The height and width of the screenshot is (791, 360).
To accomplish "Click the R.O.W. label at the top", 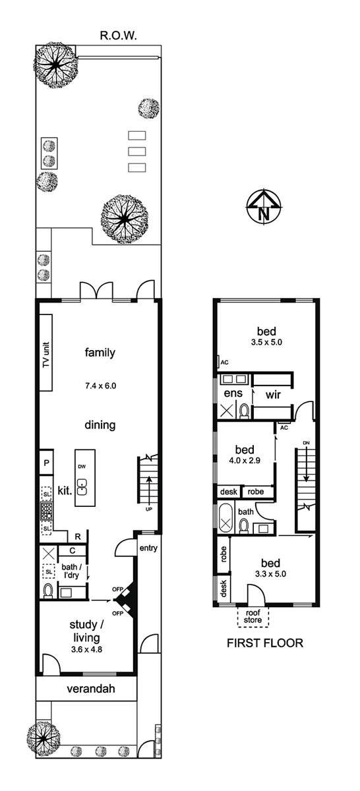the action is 118,36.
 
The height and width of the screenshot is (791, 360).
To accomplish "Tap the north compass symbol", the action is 264,207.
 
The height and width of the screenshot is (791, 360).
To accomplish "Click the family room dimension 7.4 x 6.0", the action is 100,386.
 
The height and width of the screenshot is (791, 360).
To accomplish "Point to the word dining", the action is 100,425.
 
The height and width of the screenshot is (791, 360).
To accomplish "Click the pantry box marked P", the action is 46,462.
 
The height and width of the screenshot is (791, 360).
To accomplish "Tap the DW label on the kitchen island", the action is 82,467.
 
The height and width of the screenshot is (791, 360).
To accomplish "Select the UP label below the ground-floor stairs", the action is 148,509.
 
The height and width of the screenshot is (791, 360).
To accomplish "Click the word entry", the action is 148,548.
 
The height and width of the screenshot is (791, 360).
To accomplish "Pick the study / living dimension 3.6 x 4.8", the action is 86,649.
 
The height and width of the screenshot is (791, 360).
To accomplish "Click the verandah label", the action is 91,688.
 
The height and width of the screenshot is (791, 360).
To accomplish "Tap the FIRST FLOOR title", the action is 265,643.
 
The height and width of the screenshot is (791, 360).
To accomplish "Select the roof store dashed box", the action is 253,617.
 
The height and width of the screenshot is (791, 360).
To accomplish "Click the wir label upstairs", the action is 273,395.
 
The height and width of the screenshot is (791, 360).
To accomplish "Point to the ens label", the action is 233,393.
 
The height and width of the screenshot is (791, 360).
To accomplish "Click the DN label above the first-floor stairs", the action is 306,443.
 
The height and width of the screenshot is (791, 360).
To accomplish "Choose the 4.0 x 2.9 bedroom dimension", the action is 245,461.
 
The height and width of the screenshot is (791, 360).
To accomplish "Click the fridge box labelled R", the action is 78,537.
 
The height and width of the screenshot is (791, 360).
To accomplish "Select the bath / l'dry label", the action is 71,571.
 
